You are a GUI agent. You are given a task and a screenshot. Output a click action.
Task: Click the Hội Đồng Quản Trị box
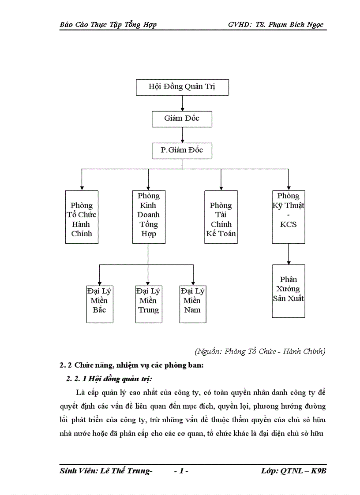point(182,87)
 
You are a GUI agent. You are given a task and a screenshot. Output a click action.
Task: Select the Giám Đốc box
point(182,119)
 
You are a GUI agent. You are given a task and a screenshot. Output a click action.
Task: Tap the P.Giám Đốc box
point(182,150)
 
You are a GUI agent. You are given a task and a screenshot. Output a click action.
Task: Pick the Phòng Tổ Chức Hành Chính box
point(82,217)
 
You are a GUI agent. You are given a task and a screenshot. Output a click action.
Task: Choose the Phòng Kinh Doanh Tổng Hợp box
point(149,217)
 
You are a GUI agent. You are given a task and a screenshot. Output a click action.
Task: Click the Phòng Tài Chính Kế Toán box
point(221,217)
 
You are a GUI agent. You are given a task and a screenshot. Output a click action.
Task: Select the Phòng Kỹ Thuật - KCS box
point(289,217)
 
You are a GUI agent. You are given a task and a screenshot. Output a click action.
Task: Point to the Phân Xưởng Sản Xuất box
point(289,291)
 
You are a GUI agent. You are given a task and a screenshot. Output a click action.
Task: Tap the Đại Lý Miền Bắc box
point(99,304)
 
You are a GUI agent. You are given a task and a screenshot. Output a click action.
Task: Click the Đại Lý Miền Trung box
point(148,304)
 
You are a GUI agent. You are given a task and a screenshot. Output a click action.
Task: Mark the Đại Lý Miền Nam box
point(193,304)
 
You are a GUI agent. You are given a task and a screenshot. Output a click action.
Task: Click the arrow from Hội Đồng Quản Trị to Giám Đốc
point(182,103)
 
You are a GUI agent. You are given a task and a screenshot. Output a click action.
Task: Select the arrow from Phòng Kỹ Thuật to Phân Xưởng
point(289,254)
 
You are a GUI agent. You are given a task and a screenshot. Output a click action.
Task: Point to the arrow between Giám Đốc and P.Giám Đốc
point(182,134)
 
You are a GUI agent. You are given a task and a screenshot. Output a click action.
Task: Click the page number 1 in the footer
point(181,472)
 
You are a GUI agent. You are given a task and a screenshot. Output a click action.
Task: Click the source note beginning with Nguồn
point(260,351)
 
